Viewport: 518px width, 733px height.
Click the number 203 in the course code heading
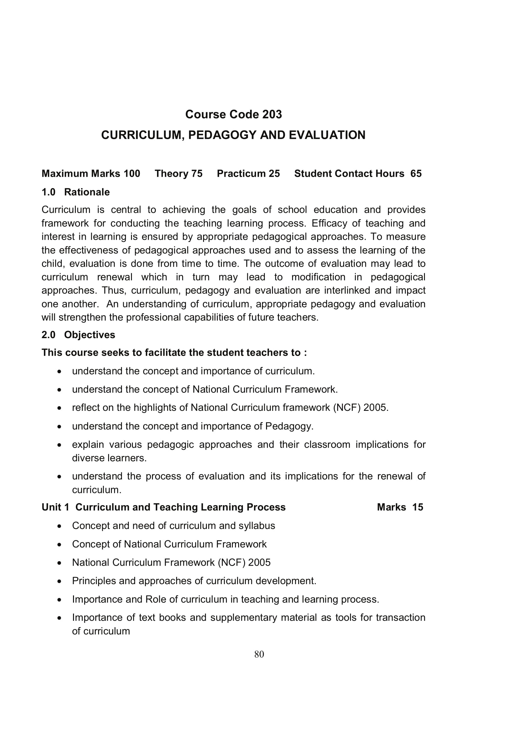[272, 114]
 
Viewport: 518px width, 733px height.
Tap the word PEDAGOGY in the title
[222, 135]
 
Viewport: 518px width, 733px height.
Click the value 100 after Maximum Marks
[132, 174]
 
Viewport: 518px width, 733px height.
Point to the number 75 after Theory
[197, 174]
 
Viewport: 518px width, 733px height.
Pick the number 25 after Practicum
[274, 174]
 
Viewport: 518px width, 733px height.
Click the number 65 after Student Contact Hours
[416, 174]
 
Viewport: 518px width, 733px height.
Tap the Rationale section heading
[87, 192]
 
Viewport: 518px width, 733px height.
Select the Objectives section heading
[89, 335]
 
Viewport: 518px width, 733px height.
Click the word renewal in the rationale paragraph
[115, 277]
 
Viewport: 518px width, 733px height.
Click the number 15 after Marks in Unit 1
[417, 507]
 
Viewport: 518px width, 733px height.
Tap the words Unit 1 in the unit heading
[55, 507]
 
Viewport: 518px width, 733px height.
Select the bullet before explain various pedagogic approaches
[59, 445]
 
